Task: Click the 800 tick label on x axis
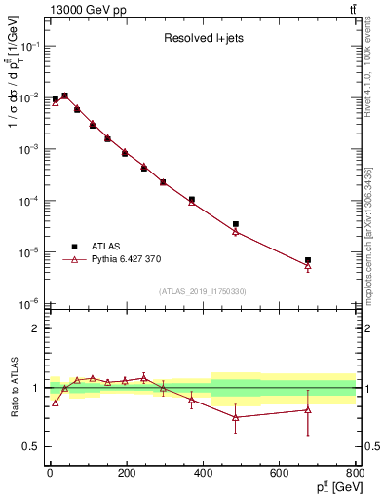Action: pyautogui.click(x=355, y=474)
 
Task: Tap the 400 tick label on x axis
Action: pyautogui.click(x=203, y=474)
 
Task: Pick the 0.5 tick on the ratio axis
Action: pyautogui.click(x=33, y=446)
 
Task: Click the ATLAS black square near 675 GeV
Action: pyautogui.click(x=308, y=260)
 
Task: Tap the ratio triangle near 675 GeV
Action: pyautogui.click(x=308, y=409)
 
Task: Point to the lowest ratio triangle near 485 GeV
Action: pyautogui.click(x=236, y=417)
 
